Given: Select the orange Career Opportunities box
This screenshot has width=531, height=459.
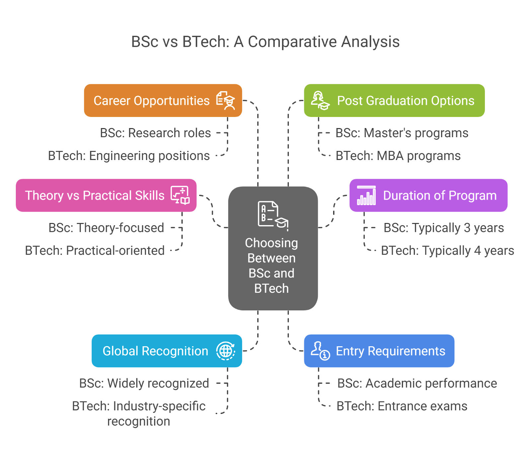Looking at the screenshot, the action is click(163, 101).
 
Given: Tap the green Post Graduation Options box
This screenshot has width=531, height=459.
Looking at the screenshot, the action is click(394, 101).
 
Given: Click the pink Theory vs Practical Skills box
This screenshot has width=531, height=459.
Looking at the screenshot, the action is click(106, 195).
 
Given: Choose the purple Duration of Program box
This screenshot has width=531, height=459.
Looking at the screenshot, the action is click(428, 195).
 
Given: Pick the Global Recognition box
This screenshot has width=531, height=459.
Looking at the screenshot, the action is click(167, 351).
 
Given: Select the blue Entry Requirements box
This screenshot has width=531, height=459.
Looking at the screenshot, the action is click(379, 351).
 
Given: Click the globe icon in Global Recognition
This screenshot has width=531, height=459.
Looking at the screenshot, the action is click(226, 351).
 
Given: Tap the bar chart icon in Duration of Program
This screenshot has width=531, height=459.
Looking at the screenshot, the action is click(366, 195).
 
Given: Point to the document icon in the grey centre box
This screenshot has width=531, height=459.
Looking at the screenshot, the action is click(273, 215).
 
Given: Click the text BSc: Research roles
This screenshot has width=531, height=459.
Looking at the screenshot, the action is click(155, 133).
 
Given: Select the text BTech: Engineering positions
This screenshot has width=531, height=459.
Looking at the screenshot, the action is click(129, 156).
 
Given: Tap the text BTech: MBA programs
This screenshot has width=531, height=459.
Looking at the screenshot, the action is click(398, 156).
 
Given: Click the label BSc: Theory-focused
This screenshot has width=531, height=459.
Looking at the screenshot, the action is click(106, 228).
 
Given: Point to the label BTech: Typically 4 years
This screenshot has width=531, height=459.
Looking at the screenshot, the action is click(447, 251).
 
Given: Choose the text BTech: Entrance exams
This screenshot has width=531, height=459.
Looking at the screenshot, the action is click(402, 406).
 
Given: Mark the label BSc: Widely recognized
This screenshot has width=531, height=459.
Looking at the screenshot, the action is click(144, 383).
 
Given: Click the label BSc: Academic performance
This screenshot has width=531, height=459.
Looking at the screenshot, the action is click(417, 383).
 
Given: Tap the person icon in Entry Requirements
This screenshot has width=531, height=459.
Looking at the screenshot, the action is click(320, 351).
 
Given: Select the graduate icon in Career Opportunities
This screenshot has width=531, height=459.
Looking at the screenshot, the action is click(226, 101).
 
